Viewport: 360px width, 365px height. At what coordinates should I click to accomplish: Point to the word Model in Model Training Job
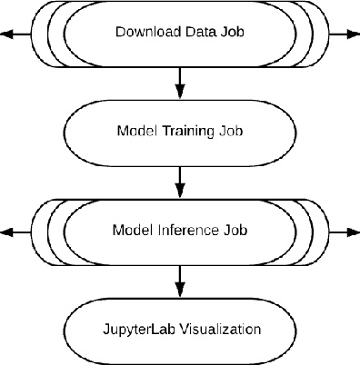pyautogui.click(x=136, y=131)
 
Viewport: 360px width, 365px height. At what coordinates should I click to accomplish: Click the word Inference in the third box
pyautogui.click(x=186, y=230)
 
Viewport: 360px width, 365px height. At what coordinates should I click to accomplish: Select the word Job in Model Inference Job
pyautogui.click(x=235, y=230)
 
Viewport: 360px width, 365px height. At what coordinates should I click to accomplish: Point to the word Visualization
pyautogui.click(x=215, y=328)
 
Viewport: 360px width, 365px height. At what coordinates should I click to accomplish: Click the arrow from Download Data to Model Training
pyautogui.click(x=179, y=82)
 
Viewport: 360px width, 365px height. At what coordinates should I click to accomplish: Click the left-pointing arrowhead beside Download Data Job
pyautogui.click(x=8, y=34)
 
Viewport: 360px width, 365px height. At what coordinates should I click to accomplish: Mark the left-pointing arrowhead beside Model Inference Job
pyautogui.click(x=8, y=231)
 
